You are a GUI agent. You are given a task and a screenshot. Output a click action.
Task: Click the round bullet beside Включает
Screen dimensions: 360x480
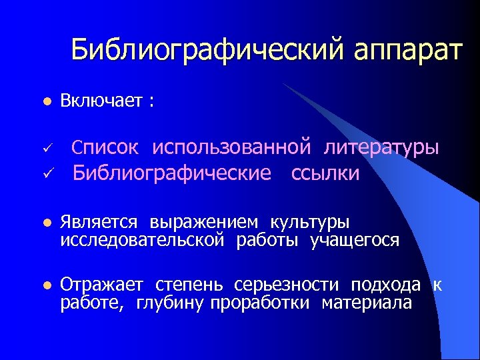coord(45,102)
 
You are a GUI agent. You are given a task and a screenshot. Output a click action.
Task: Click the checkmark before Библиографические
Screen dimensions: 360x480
coord(45,174)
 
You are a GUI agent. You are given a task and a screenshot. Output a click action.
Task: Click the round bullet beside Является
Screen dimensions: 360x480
coord(45,222)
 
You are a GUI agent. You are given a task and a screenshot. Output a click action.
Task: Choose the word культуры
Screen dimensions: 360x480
coord(309,222)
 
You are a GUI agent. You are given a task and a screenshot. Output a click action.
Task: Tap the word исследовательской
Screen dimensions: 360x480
coord(142,239)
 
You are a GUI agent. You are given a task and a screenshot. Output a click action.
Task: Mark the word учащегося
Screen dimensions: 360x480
coord(355,239)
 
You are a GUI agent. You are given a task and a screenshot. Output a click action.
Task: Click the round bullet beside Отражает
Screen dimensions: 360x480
coord(45,286)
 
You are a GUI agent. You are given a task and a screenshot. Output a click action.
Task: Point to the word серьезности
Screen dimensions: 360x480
coord(283,286)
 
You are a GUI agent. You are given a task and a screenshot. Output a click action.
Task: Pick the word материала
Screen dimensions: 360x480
coord(367,303)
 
